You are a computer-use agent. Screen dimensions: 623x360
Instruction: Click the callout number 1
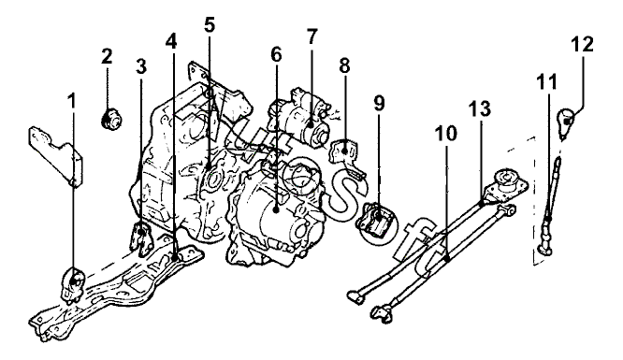pyautogui.click(x=72, y=102)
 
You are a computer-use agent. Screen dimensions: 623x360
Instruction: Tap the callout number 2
pyautogui.click(x=107, y=56)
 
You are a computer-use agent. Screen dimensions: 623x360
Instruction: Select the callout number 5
pyautogui.click(x=210, y=25)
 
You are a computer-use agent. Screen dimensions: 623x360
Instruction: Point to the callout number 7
pyautogui.click(x=312, y=36)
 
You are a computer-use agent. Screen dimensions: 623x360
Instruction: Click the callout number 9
pyautogui.click(x=379, y=103)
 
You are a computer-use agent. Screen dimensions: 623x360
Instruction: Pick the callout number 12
pyautogui.click(x=583, y=44)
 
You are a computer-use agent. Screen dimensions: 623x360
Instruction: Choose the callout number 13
pyautogui.click(x=480, y=108)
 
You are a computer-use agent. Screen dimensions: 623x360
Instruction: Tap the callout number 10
pyautogui.click(x=446, y=133)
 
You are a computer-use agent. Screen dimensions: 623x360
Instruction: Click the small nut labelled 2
pyautogui.click(x=111, y=119)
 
